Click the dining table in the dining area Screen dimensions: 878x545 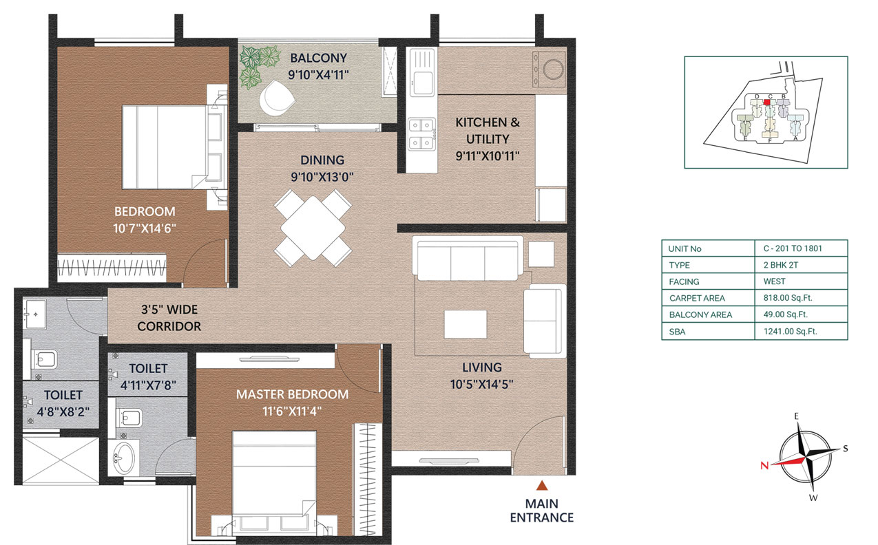tap(313, 228)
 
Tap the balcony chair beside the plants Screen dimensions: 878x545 tap(276, 98)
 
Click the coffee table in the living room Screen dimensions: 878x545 tap(466, 324)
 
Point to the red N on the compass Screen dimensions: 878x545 tap(764, 465)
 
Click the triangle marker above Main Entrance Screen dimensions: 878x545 tap(542, 485)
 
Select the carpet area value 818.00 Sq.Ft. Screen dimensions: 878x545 tap(788, 298)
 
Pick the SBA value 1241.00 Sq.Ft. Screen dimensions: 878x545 tap(791, 332)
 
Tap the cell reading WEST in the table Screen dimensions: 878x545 tap(774, 281)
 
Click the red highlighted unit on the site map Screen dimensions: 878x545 tap(766, 103)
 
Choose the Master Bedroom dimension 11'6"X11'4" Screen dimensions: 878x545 tap(292, 412)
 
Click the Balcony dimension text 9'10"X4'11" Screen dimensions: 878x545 tap(318, 75)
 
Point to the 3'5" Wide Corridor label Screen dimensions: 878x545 tap(169, 318)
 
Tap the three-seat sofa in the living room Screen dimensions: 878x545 tap(467, 259)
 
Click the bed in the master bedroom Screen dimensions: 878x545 tap(274, 482)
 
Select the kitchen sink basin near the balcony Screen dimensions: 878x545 tap(422, 83)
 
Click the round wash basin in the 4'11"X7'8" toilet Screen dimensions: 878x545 tap(124, 458)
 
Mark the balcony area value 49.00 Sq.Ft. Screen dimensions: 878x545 tap(786, 314)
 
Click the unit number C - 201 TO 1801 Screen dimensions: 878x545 tap(793, 248)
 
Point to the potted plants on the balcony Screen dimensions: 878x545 tap(259, 66)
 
